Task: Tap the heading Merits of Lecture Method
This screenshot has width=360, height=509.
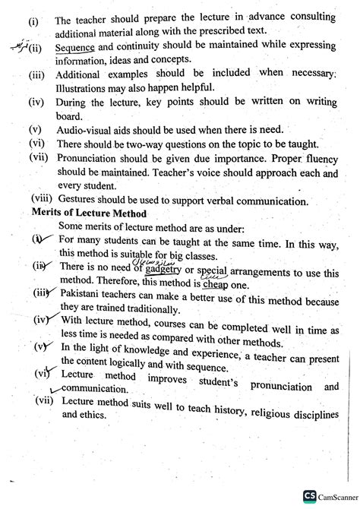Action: (90, 213)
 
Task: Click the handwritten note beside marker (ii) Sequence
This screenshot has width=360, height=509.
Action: (15, 46)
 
